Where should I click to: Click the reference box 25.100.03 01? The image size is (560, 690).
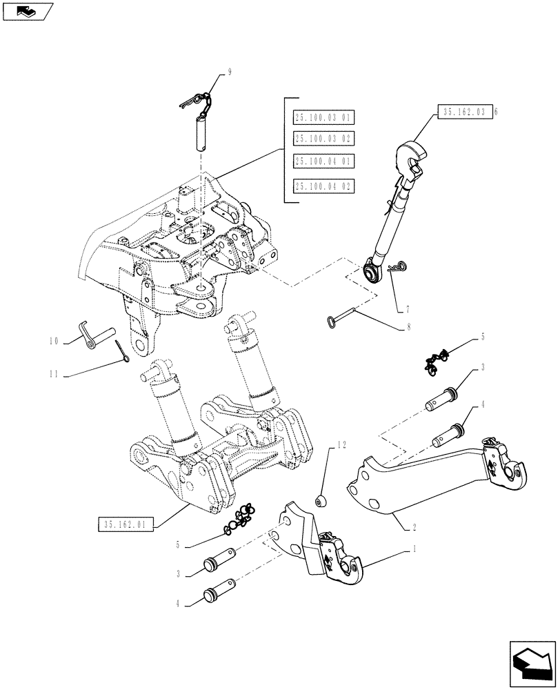(323, 117)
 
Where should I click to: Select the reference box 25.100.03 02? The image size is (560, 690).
(323, 139)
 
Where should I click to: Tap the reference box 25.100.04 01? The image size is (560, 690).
(323, 162)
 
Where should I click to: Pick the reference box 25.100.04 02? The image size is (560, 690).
(323, 186)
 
